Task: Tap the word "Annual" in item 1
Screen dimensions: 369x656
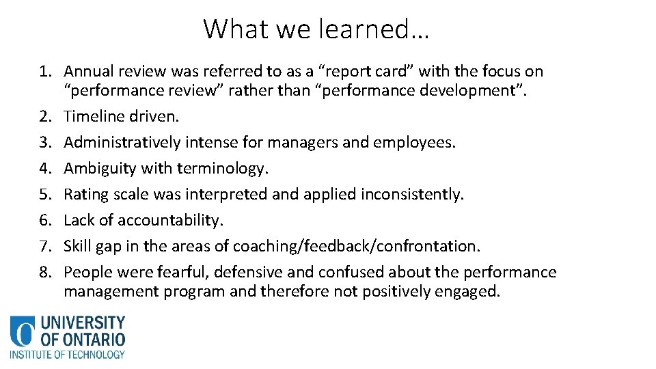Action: click(x=90, y=72)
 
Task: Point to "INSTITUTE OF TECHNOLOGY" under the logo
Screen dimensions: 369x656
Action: click(x=67, y=355)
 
